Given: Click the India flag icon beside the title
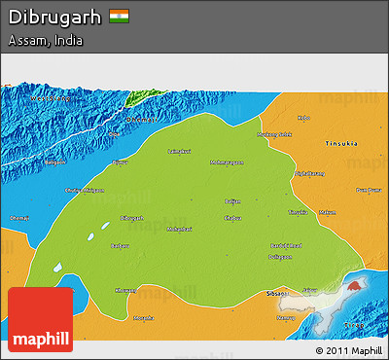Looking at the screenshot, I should (120, 17).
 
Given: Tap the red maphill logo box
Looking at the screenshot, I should (40, 319).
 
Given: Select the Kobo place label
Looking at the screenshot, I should (304, 118).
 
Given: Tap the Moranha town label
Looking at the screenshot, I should (143, 318).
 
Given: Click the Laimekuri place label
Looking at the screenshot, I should (179, 152).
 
